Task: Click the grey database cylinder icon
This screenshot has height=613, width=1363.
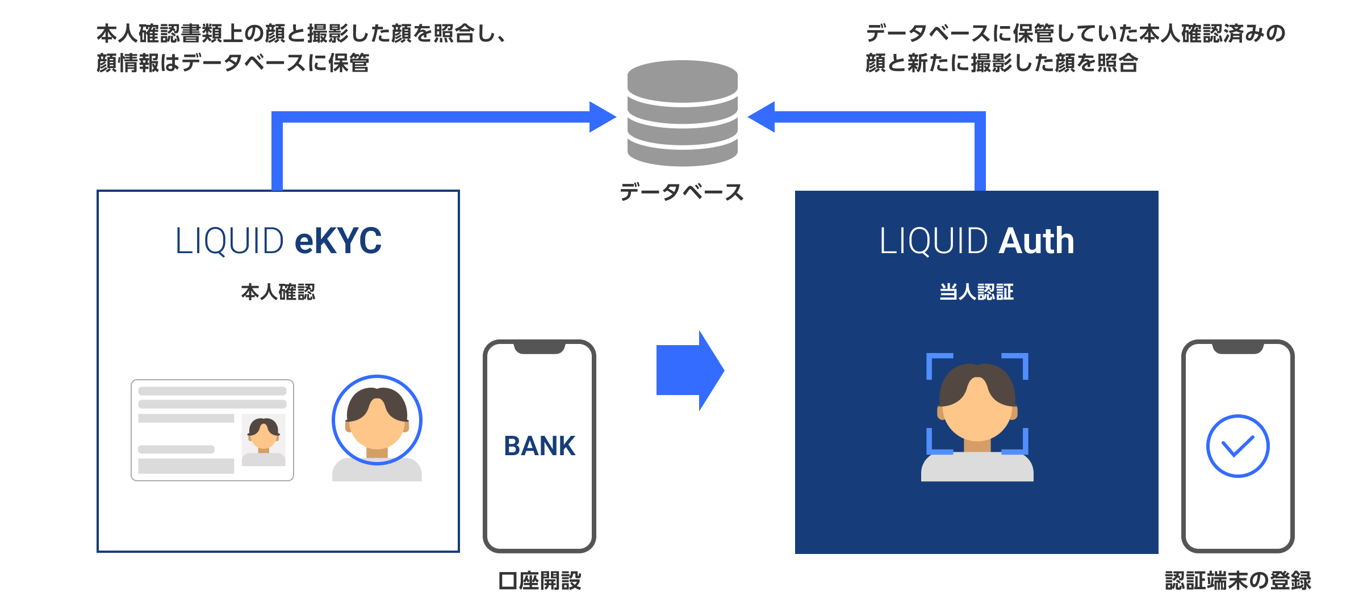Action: tap(682, 114)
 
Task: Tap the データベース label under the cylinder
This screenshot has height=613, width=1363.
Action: tap(681, 192)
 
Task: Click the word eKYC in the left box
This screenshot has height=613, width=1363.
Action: tap(338, 241)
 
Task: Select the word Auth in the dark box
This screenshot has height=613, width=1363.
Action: tap(1036, 241)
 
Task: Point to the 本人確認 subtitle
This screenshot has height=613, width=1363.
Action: tap(278, 292)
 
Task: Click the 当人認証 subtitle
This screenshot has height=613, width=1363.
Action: tap(976, 292)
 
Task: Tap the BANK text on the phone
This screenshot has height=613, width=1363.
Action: tap(540, 446)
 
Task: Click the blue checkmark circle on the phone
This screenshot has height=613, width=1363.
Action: tap(1237, 446)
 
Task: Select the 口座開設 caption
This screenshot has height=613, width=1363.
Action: tap(540, 581)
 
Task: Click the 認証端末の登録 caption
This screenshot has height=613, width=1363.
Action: tap(1237, 581)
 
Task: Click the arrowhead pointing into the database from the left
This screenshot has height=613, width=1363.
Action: tap(602, 117)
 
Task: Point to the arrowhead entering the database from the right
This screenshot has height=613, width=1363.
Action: tap(762, 117)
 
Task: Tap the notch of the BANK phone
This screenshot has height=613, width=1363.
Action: tap(540, 348)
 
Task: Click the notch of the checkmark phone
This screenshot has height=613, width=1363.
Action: tap(1237, 348)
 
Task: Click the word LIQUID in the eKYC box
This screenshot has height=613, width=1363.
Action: tap(229, 241)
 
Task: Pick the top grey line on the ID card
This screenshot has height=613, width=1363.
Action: tap(212, 391)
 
